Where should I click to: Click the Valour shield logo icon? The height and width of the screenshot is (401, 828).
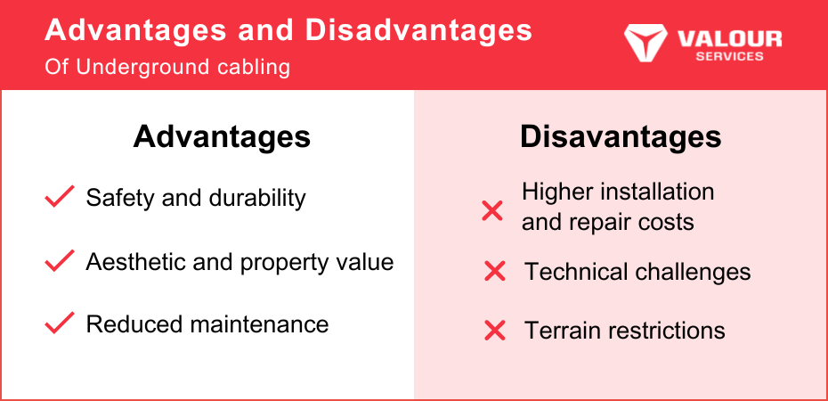645,41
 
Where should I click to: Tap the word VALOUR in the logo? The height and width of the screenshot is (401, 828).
729,38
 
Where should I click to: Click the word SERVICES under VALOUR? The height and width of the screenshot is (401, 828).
729,56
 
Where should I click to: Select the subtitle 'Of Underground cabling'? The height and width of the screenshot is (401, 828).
167,67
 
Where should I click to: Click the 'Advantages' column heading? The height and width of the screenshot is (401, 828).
222,137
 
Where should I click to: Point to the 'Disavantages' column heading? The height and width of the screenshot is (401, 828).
621,137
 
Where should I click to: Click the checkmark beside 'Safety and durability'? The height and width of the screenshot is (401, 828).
59,197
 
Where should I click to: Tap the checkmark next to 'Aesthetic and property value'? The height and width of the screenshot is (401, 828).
59,261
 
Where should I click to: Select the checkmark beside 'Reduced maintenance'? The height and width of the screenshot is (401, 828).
59,323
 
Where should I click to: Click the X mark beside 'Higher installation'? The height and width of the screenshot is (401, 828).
492,211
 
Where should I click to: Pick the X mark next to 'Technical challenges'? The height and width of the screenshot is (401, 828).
495,272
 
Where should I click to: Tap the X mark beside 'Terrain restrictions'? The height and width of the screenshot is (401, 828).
495,331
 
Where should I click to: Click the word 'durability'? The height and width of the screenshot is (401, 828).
257,198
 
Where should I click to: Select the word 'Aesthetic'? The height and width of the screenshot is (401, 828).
134,261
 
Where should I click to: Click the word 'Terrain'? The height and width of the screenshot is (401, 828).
562,331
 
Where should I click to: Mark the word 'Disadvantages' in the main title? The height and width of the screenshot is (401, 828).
418,30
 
